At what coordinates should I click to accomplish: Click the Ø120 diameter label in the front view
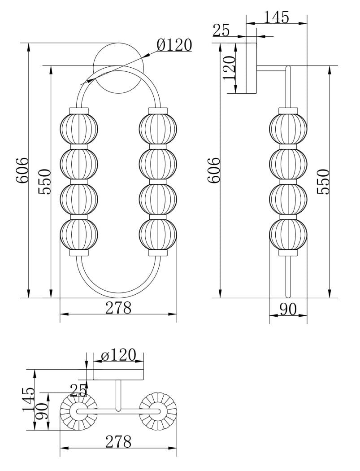[x=174, y=45]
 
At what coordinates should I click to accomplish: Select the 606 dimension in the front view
[x=22, y=170]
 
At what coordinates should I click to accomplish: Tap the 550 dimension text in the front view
[x=44, y=182]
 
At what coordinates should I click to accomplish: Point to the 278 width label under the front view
[x=118, y=308]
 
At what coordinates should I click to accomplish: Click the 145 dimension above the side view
[x=277, y=17]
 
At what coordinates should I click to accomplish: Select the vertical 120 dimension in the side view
[x=229, y=68]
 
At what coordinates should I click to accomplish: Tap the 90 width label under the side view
[x=288, y=309]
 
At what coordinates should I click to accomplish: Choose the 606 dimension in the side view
[x=213, y=170]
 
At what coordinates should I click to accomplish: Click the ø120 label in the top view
[x=118, y=355]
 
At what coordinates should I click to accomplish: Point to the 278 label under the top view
[x=118, y=442]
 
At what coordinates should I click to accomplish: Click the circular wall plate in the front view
[x=118, y=68]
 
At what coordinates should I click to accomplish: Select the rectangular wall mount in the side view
[x=251, y=68]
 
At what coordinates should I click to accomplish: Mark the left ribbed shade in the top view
[x=79, y=411]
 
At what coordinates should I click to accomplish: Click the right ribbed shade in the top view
[x=158, y=411]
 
